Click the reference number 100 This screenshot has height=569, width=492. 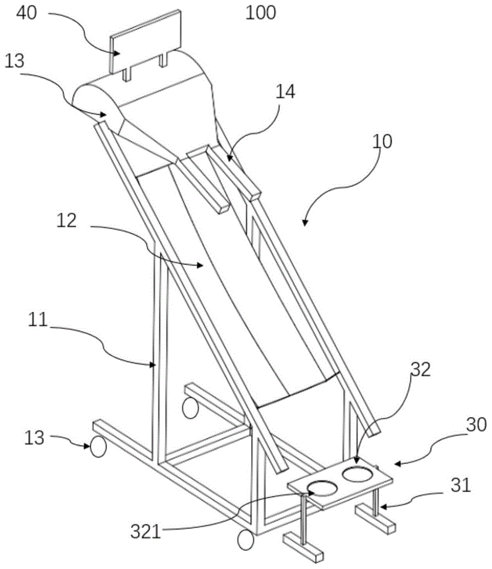(x=261, y=13)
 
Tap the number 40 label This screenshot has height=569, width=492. (x=27, y=13)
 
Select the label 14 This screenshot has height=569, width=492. (x=285, y=92)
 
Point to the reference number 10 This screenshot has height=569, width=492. (x=382, y=141)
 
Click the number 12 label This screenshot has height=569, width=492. (x=67, y=221)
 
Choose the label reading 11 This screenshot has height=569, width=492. (x=38, y=320)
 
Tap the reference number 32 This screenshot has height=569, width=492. (x=420, y=369)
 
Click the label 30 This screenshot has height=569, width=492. (x=477, y=424)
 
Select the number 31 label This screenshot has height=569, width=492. (x=461, y=485)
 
